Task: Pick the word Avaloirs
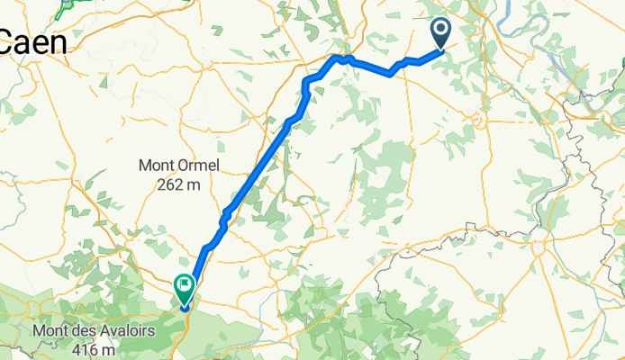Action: pyautogui.click(x=122, y=331)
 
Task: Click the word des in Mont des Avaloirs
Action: pyautogui.click(x=78, y=331)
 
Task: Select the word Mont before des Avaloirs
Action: pyautogui.click(x=49, y=331)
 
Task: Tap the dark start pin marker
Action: pyautogui.click(x=441, y=33)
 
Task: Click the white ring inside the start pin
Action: pyautogui.click(x=441, y=30)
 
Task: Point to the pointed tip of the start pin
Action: pyautogui.click(x=441, y=48)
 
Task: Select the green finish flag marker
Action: pyautogui.click(x=184, y=288)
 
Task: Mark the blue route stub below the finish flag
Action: pyautogui.click(x=185, y=307)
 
